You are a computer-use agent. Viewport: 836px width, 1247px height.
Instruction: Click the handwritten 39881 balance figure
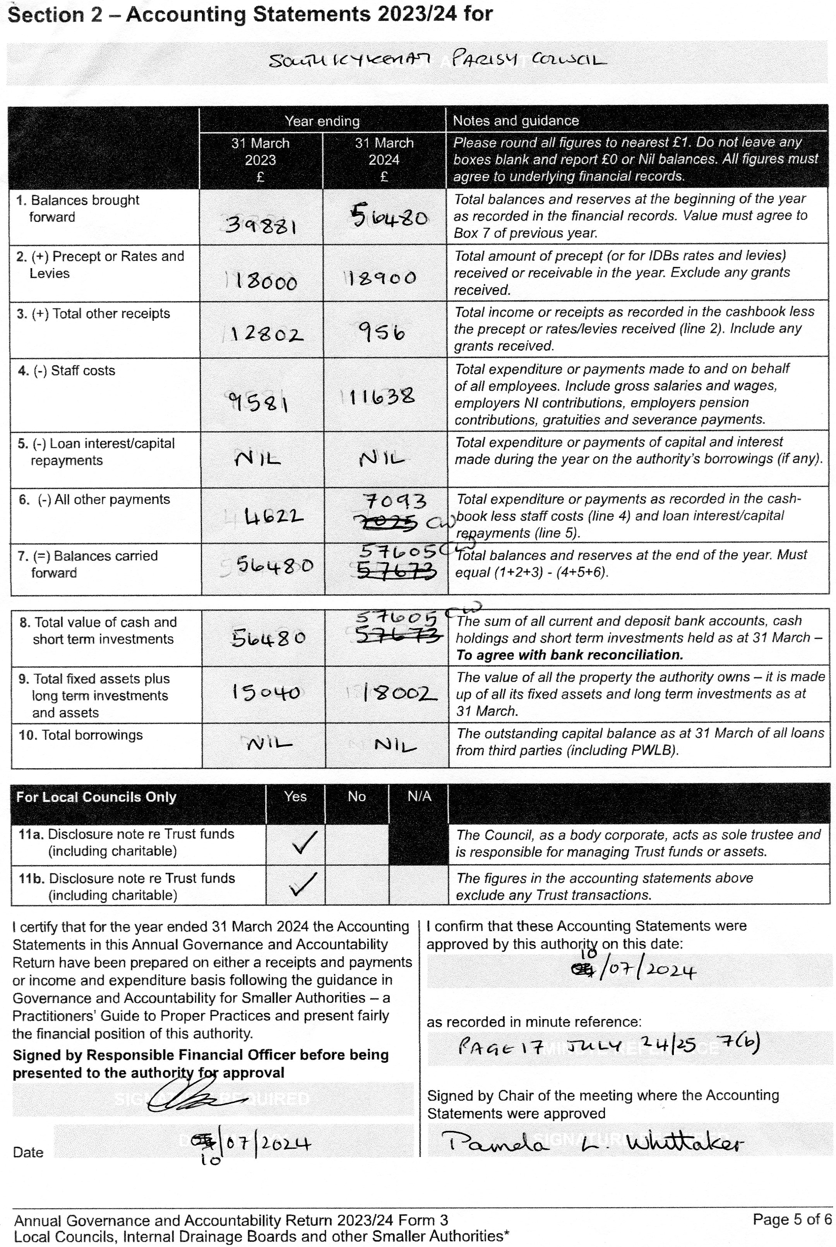261,226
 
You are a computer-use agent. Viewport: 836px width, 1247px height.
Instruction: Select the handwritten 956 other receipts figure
382,333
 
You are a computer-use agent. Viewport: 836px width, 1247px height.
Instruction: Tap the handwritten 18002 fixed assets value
398,693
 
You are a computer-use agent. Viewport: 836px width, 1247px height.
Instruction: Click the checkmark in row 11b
302,884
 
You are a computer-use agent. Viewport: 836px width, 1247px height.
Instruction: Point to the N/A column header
419,797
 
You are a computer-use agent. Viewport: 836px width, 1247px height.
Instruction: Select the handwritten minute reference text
608,1046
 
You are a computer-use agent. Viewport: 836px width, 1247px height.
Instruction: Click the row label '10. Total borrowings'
81,735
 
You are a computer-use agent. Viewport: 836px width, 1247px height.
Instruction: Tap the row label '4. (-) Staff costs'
67,370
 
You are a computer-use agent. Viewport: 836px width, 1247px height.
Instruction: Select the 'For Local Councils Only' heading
96,797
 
